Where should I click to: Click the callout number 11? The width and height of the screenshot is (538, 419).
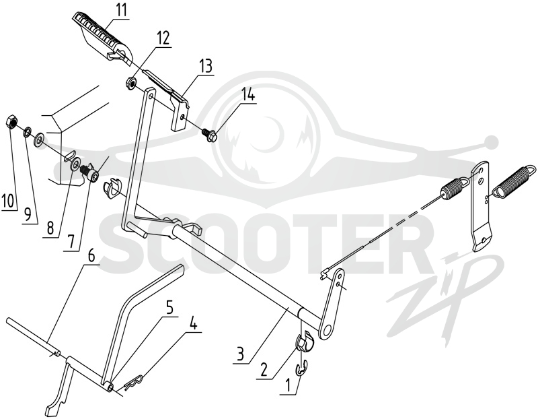120,10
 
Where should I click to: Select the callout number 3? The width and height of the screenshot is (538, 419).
241,354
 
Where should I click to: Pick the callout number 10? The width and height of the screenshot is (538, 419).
9,201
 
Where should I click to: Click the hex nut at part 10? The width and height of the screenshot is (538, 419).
11,122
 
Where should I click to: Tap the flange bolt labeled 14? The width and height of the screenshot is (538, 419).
206,133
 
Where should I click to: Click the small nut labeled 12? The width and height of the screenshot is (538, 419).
130,83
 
